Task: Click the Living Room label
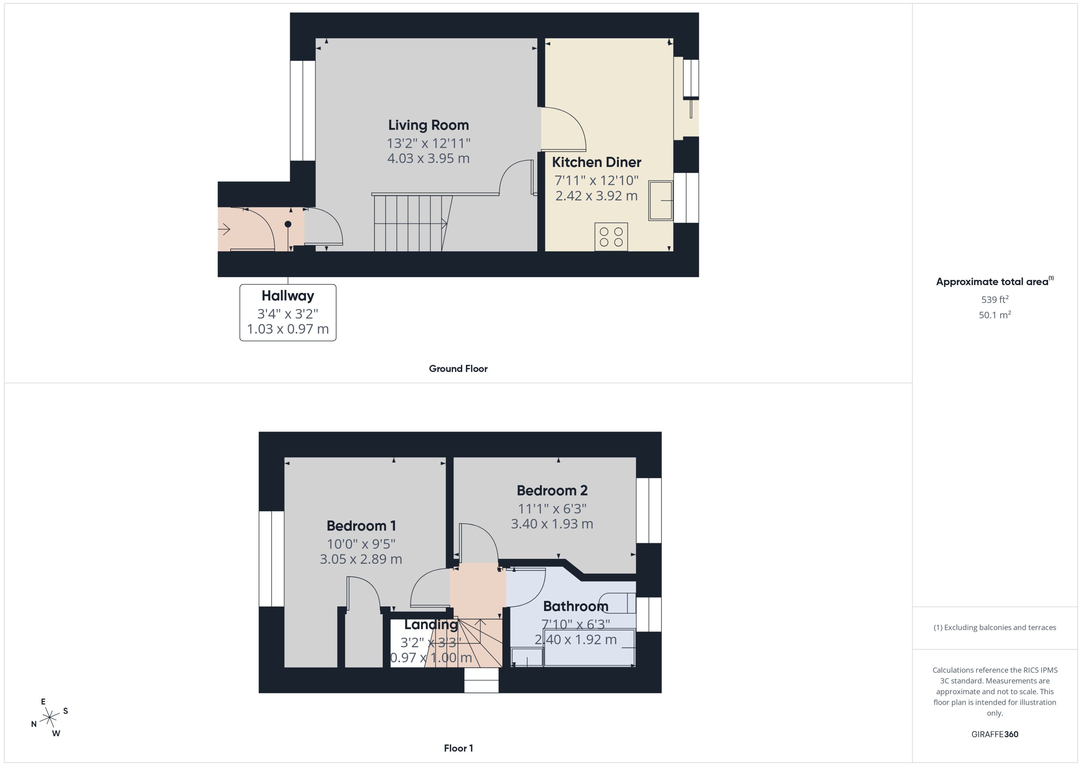pos(428,125)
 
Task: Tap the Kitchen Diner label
pos(596,162)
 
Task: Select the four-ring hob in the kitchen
pos(611,237)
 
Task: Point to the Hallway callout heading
pos(288,296)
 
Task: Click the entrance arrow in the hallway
pos(224,230)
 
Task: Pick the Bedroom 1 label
pos(361,525)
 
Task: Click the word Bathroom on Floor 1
pos(575,606)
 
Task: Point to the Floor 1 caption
pos(458,748)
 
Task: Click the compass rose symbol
pos(49,718)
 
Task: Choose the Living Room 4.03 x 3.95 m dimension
pos(428,158)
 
